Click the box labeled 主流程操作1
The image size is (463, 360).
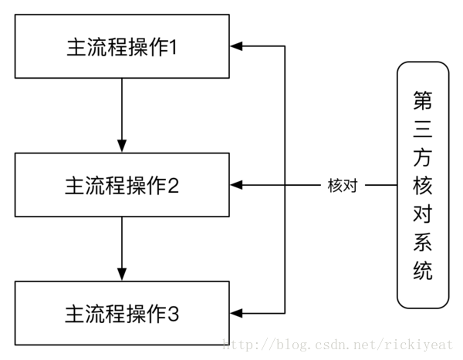tap(122, 46)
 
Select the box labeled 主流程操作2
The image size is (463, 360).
tap(122, 185)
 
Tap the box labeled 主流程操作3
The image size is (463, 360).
tap(122, 314)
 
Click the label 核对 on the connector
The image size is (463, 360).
tap(342, 186)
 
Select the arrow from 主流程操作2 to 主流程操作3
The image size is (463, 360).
tap(122, 248)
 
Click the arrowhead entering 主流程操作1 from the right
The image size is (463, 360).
tap(237, 46)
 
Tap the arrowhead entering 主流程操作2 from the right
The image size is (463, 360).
tap(237, 185)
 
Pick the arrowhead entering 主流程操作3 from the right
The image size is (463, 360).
tap(237, 313)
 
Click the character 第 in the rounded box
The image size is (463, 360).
tap(422, 99)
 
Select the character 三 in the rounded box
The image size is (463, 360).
tap(422, 128)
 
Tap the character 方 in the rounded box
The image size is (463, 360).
tap(422, 156)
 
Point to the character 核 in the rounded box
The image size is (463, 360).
tap(422, 186)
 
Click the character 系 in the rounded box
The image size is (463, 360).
tap(422, 243)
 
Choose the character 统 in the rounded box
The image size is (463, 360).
tap(422, 271)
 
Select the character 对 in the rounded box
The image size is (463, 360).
tap(422, 214)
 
